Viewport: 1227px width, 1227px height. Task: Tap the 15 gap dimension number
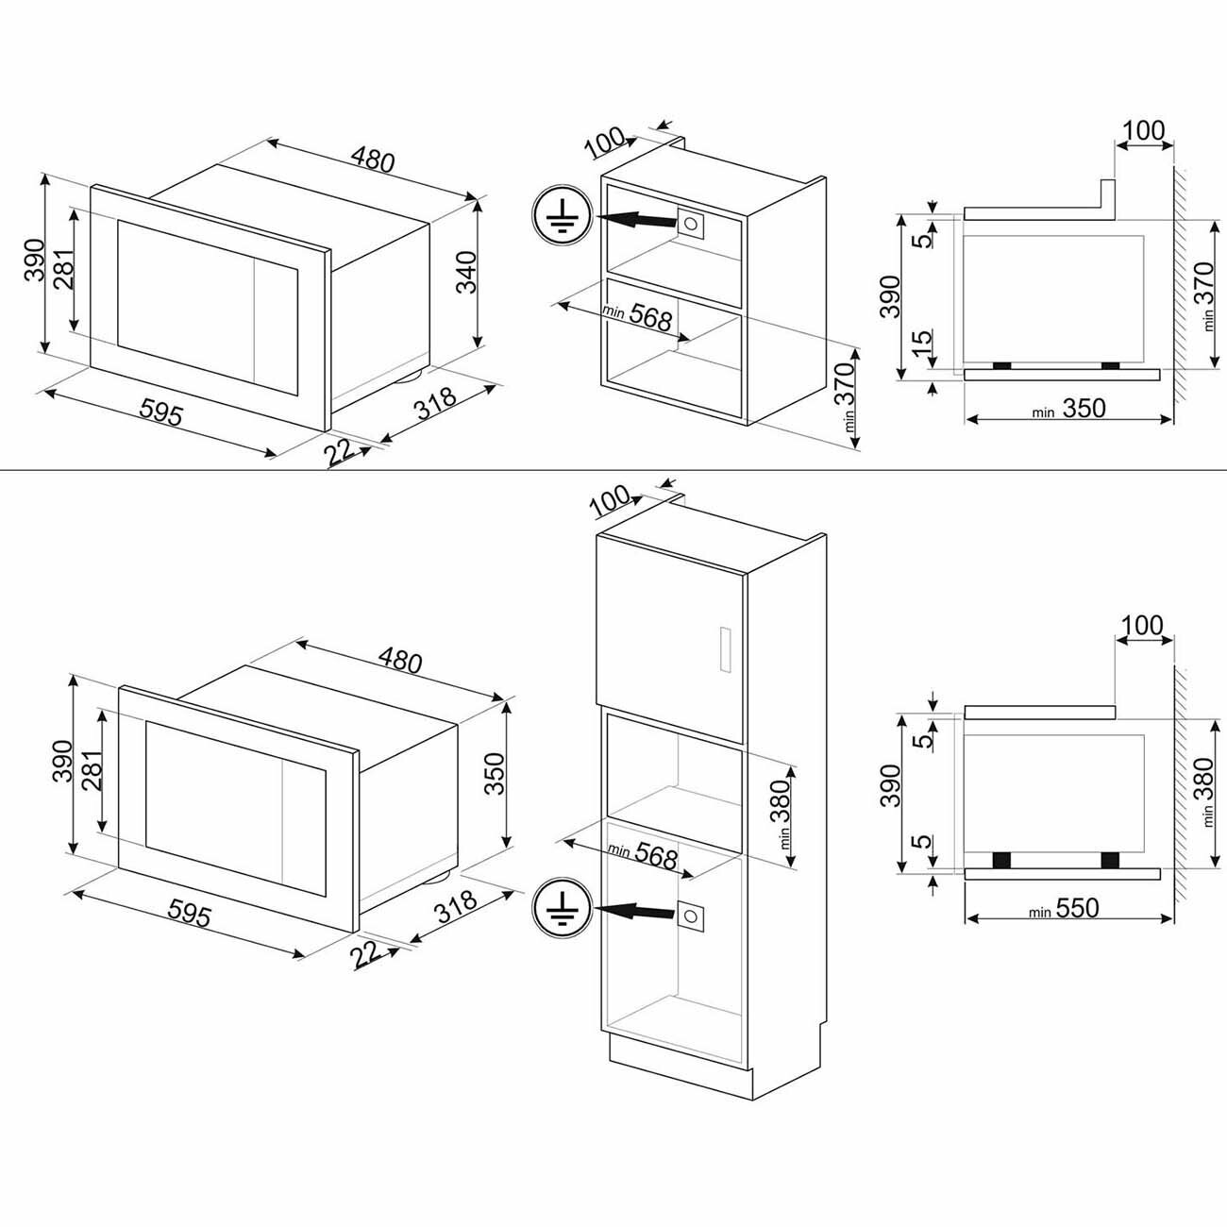click(924, 339)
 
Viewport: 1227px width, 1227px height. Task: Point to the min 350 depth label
click(1067, 409)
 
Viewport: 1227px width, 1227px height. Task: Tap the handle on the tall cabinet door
click(726, 649)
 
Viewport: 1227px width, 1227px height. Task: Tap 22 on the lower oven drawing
click(368, 953)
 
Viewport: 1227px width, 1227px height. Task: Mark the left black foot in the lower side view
click(1002, 859)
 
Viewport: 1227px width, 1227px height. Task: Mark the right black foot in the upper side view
click(1111, 365)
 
